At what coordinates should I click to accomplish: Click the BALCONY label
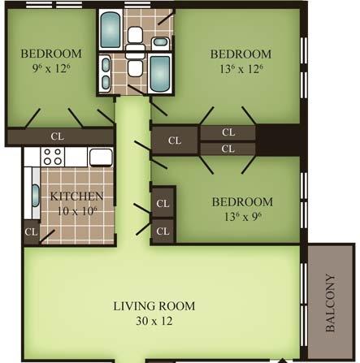pyautogui.click(x=330, y=303)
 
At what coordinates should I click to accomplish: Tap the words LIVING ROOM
pyautogui.click(x=154, y=306)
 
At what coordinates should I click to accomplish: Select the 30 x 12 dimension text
pyautogui.click(x=154, y=321)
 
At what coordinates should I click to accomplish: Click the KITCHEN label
pyautogui.click(x=76, y=197)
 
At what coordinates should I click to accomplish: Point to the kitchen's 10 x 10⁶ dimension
pyautogui.click(x=77, y=211)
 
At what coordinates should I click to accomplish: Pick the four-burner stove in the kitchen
pyautogui.click(x=53, y=157)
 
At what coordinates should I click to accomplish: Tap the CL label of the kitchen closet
pyautogui.click(x=31, y=232)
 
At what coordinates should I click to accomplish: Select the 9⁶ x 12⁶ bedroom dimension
pyautogui.click(x=51, y=68)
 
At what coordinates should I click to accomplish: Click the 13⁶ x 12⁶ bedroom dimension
pyautogui.click(x=241, y=69)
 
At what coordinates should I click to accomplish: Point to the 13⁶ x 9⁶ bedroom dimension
pyautogui.click(x=243, y=217)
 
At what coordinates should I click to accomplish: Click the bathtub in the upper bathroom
pyautogui.click(x=111, y=30)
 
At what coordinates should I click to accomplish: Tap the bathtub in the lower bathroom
pyautogui.click(x=160, y=73)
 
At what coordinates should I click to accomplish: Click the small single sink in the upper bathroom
pyautogui.click(x=161, y=42)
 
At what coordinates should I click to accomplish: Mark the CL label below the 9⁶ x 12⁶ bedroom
pyautogui.click(x=58, y=136)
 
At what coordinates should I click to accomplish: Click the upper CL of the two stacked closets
pyautogui.click(x=228, y=132)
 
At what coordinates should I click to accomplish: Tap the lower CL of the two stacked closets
pyautogui.click(x=228, y=149)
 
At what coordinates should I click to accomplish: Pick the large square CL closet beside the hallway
pyautogui.click(x=175, y=140)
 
